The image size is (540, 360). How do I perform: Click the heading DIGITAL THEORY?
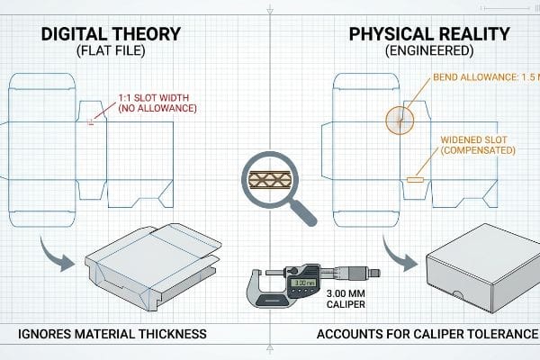coord(111,34)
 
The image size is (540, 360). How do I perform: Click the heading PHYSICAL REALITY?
coord(429,34)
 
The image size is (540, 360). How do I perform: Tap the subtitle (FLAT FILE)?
coord(111,51)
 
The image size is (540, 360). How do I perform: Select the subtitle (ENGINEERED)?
coord(429,51)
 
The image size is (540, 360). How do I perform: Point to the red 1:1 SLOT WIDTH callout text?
coord(157,103)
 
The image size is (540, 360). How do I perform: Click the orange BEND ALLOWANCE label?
coord(486,77)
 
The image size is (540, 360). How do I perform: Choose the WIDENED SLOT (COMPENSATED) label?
coord(478,145)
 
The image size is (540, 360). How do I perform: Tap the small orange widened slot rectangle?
coord(413,179)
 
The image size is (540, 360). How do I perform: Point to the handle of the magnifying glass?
coord(303,213)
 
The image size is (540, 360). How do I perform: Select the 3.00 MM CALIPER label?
coord(346,299)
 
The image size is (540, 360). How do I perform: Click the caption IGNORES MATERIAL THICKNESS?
coord(112,334)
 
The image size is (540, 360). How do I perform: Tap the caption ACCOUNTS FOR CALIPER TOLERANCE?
coord(427,334)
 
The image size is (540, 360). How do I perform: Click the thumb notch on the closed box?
coord(457,295)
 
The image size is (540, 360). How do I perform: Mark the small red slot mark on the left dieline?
coord(91,121)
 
